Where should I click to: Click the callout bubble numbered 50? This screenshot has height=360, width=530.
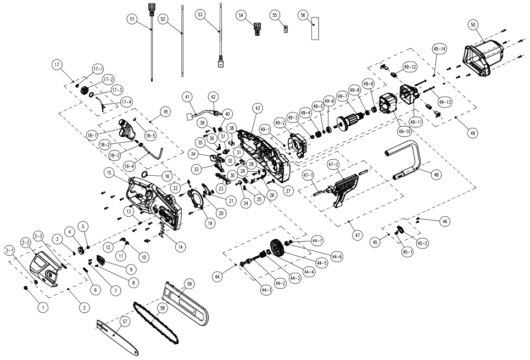(473, 24)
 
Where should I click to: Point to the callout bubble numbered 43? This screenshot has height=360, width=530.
(256, 110)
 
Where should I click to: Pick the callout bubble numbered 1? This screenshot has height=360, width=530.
(41, 308)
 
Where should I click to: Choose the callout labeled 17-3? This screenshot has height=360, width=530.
(117, 89)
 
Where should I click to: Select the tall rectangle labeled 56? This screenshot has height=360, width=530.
(314, 28)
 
